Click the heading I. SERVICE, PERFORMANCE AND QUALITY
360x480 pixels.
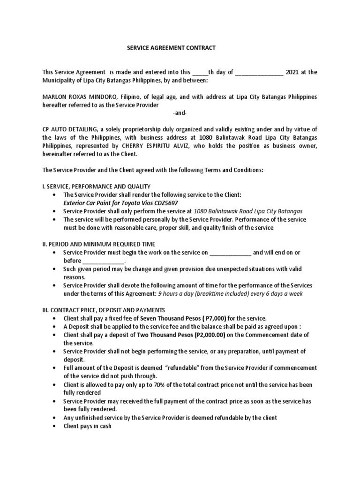pyautogui.click(x=96, y=187)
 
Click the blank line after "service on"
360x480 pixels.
pyautogui.click(x=231, y=253)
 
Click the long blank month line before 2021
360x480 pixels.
pyautogui.click(x=259, y=72)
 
